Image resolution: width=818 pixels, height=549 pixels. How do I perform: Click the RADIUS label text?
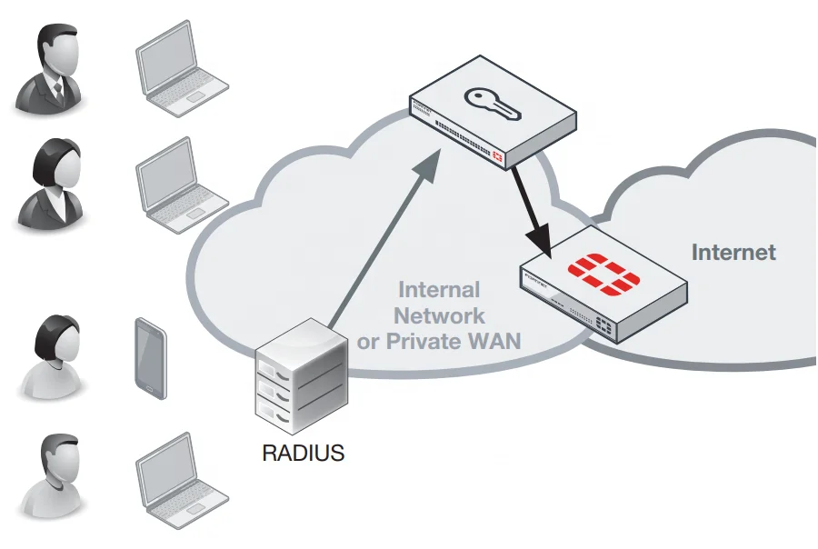click(x=304, y=452)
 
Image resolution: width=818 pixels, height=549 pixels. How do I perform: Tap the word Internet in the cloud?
click(x=733, y=252)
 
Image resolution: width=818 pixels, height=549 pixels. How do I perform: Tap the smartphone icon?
click(x=151, y=357)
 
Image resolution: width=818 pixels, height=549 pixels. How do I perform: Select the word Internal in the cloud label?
click(x=440, y=290)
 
